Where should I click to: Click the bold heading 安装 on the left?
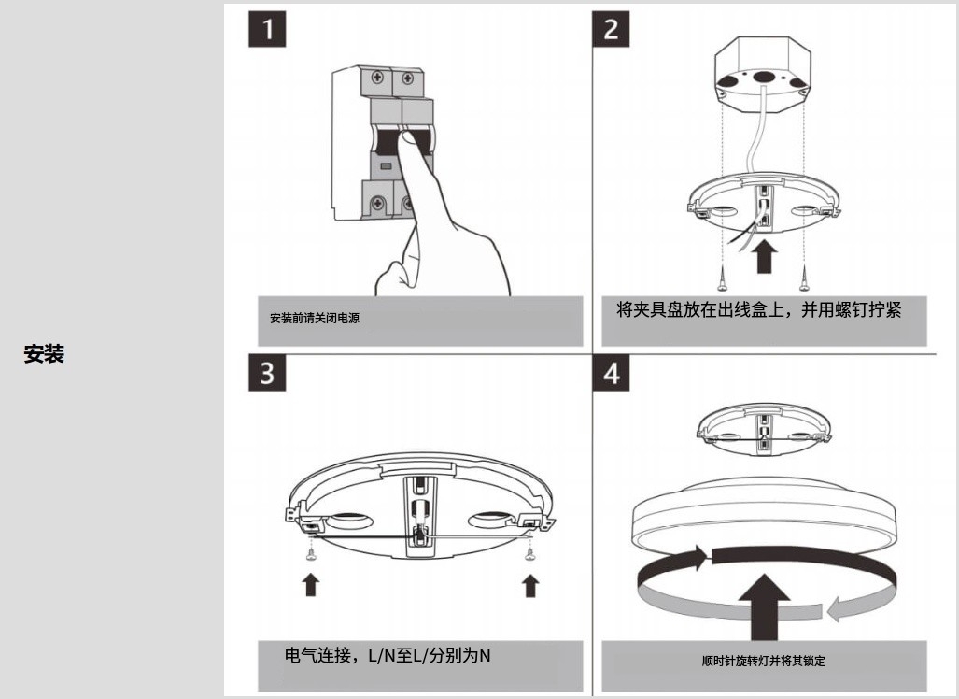44,354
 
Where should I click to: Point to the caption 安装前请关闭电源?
315,318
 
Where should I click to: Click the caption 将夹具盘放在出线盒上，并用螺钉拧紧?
759,310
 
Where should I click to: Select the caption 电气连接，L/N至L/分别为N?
388,656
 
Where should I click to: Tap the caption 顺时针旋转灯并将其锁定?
763,661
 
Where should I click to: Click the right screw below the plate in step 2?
805,276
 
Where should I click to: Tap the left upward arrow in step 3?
311,584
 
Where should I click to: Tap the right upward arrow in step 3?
530,584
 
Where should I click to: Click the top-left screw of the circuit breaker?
378,78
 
